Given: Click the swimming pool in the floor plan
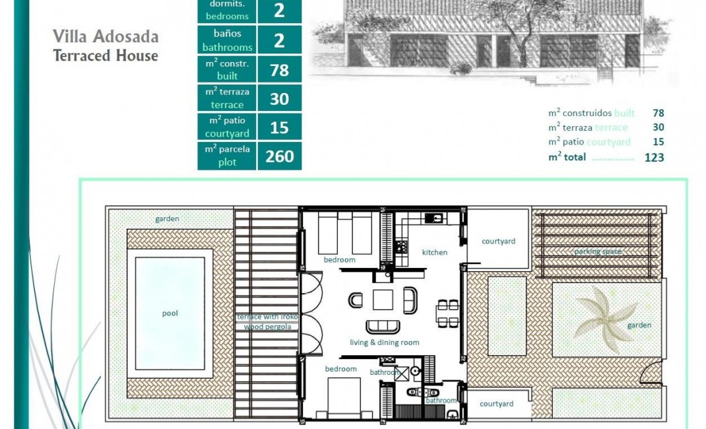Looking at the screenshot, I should coord(170,313).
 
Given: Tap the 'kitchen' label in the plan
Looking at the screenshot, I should coord(435,252).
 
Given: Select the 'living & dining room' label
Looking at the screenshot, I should coord(384,343).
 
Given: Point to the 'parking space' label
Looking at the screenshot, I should coord(598,251).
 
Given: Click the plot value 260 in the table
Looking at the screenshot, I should coord(279,156).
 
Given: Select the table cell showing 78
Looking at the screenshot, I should coord(279,69).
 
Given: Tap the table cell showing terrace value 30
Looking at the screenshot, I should coord(279,98).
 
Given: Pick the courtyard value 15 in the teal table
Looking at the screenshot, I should coord(279,127).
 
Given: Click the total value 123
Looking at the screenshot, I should coord(654,158).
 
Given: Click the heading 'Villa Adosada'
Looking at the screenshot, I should coord(106,36).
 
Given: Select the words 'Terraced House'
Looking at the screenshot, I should coord(106,55).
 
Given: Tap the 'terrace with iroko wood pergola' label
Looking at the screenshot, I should coord(267,321).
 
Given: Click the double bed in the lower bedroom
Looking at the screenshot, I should coord(344,398).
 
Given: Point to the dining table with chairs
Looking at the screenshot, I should coord(448,313).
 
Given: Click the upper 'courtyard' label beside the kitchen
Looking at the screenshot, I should coord(498,242).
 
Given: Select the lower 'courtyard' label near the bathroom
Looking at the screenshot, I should coord(496,404).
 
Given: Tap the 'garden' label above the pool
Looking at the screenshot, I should coord(167,219).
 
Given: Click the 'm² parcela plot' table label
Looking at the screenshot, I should coord(227,156).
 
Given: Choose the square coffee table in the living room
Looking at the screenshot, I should coord(383,300).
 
